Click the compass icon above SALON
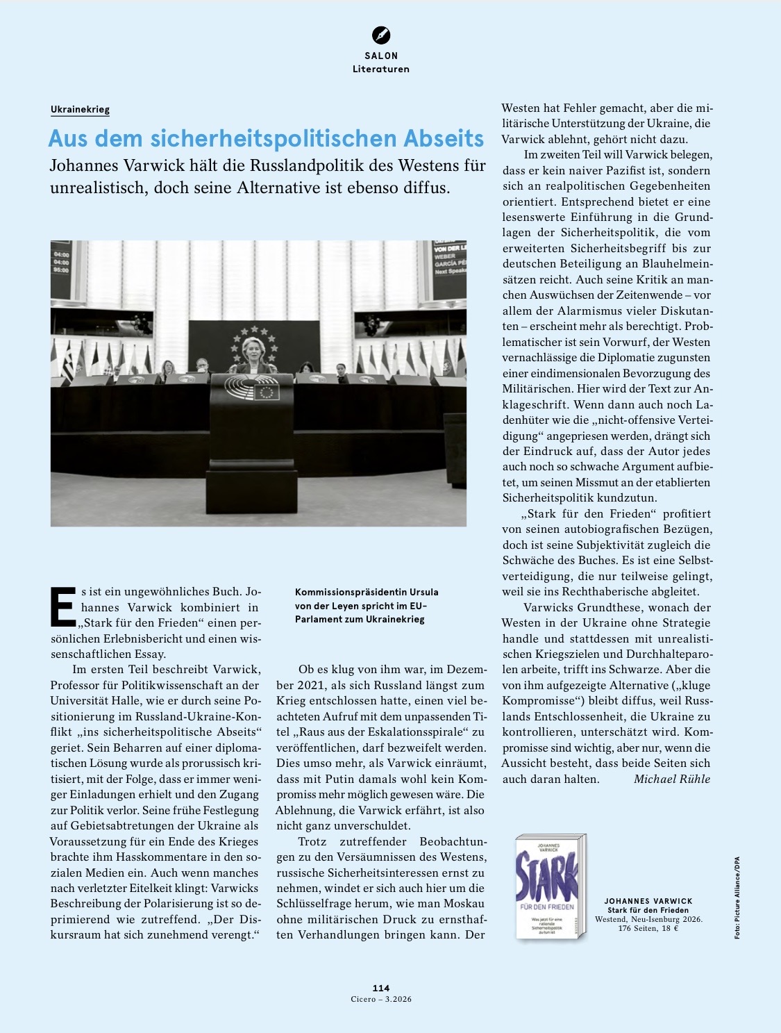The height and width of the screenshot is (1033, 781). [x=381, y=35]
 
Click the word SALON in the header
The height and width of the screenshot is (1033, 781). [x=381, y=56]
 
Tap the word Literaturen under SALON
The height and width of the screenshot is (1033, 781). [x=381, y=69]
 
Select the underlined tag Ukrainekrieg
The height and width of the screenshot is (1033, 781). [x=80, y=109]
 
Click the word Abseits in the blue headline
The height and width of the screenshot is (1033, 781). [x=437, y=138]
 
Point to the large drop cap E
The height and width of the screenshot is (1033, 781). [x=63, y=606]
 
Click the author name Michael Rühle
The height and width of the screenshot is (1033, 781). [x=671, y=779]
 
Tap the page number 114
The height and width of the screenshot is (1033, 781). [x=381, y=988]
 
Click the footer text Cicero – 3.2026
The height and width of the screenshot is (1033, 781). [x=381, y=999]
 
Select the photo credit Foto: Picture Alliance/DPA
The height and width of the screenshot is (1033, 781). [x=737, y=898]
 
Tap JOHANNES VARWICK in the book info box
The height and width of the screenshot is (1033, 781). [x=648, y=901]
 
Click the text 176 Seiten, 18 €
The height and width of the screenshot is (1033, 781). [x=648, y=928]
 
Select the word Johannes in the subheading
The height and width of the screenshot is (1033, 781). [x=83, y=166]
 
